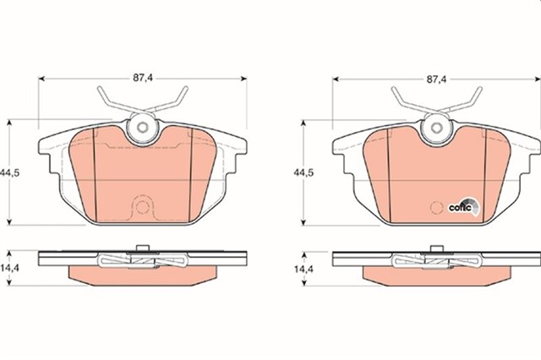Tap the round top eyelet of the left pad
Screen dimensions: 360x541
[143, 129]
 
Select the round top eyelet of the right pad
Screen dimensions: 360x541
[436, 129]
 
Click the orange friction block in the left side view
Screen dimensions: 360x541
[143, 275]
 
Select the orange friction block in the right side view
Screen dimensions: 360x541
[436, 275]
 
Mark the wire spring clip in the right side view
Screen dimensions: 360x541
[436, 261]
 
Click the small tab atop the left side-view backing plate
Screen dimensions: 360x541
[143, 247]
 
